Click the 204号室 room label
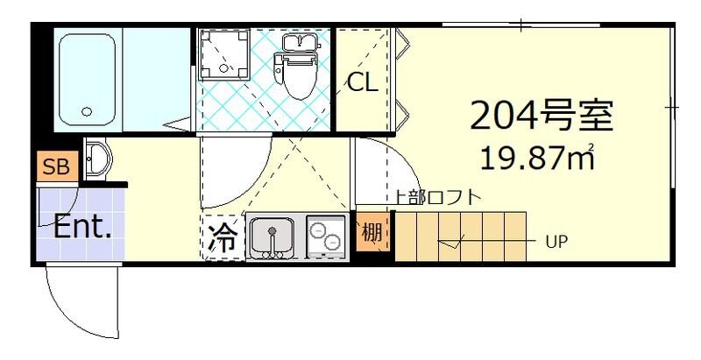[541, 115]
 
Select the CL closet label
[362, 83]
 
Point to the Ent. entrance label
[82, 228]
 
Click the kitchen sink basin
[273, 237]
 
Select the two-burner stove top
[326, 236]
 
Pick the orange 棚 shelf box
[372, 234]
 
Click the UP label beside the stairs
[556, 240]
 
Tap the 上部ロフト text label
[437, 197]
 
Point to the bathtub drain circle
[86, 112]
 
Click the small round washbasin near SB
[99, 159]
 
